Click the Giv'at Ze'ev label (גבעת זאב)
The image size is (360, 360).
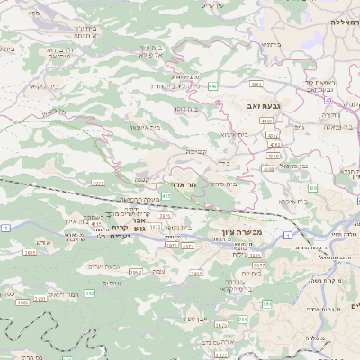pos(265,106)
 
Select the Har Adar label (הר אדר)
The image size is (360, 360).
pos(184,184)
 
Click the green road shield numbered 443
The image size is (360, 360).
pos(211,85)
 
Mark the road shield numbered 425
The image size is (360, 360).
pos(166,195)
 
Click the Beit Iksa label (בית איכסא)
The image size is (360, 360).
pos(292,202)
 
